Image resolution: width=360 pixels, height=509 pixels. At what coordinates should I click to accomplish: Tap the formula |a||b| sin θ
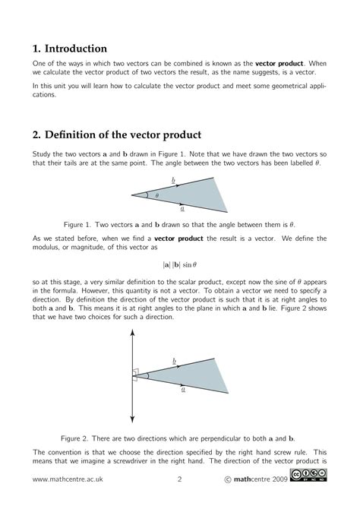(x=179, y=264)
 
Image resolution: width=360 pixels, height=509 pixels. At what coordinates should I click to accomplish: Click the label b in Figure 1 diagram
(x=175, y=183)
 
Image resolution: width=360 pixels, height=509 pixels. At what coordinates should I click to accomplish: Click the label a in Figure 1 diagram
(x=183, y=207)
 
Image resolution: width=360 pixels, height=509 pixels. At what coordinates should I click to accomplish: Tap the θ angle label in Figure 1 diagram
(x=157, y=196)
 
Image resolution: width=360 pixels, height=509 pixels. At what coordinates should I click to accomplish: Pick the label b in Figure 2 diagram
(x=175, y=359)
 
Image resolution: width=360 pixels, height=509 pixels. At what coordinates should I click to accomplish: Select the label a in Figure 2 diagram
(x=183, y=387)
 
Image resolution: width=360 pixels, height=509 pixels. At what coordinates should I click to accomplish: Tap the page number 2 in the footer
(x=179, y=479)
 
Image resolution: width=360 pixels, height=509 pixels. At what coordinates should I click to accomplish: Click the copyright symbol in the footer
(x=229, y=479)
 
